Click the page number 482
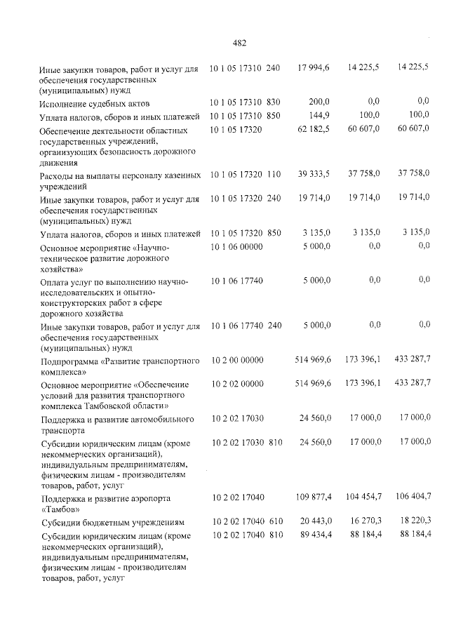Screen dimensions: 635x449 (x=239, y=42)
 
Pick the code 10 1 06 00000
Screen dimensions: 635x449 (x=236, y=246)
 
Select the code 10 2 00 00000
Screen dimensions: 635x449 (x=236, y=359)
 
